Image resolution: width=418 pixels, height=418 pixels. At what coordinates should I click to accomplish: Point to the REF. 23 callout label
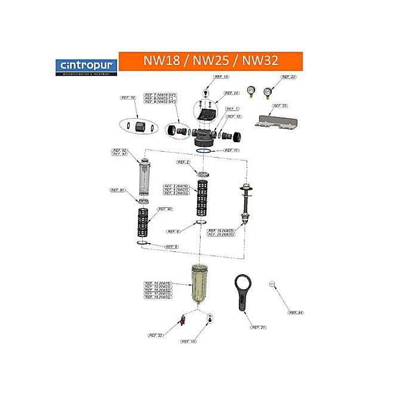(288, 77)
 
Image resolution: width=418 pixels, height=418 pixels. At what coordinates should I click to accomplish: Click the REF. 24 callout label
(231, 93)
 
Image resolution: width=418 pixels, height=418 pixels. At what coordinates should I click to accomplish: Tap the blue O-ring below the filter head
(204, 151)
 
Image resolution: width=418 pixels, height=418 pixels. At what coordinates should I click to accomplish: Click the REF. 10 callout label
(128, 97)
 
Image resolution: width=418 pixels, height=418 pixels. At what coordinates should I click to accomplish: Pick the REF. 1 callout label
(232, 109)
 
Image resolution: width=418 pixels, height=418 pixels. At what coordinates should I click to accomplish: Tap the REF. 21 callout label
(258, 327)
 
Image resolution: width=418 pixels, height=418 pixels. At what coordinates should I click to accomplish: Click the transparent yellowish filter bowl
(197, 287)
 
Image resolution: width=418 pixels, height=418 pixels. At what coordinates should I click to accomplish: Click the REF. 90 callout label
(165, 209)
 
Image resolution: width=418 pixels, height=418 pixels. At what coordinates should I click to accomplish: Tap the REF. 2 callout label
(183, 162)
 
